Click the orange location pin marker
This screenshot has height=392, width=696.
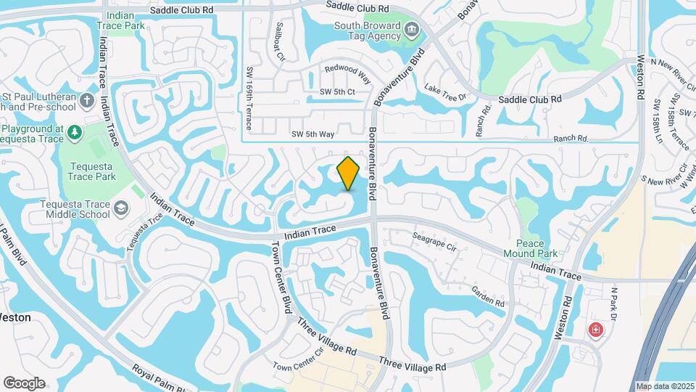(349, 173)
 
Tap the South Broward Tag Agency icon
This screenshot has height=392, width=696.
(413, 30)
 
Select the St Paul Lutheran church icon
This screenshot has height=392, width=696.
(88, 99)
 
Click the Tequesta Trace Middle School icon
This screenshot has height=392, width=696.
(121, 209)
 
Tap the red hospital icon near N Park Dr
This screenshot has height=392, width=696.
(595, 330)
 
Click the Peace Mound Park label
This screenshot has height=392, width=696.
(536, 248)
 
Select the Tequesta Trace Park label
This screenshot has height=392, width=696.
(91, 171)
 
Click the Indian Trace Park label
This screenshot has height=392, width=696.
(120, 20)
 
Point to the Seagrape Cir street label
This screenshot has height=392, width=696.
(435, 242)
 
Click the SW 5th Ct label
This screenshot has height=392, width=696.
(337, 91)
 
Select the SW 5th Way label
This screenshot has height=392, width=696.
(312, 134)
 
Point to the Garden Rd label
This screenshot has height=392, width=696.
(487, 295)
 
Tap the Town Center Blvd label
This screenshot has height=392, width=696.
(281, 278)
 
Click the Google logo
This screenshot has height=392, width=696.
(24, 383)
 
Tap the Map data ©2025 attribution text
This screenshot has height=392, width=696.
(664, 386)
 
